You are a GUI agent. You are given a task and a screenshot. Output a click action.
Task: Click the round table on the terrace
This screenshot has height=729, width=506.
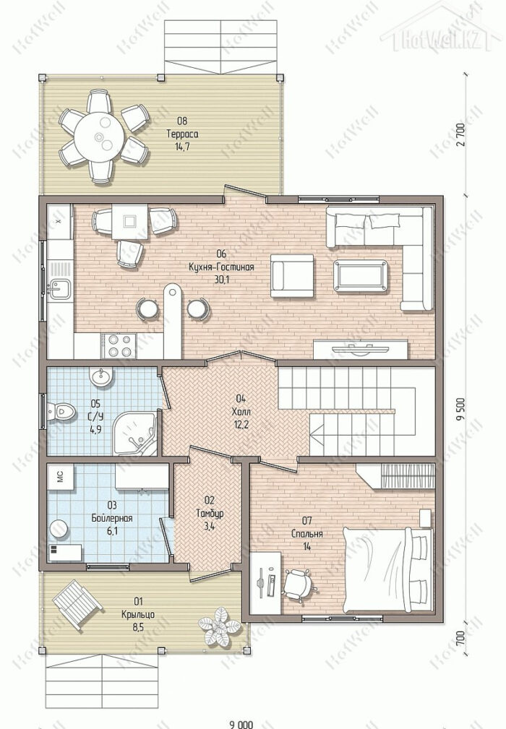[x=100, y=137]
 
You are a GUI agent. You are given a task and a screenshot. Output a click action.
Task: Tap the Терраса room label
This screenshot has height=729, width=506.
[x=182, y=134]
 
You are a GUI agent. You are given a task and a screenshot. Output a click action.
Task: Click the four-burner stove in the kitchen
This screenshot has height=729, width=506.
[x=119, y=345]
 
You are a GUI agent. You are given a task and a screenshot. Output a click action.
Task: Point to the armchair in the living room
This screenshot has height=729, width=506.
[x=293, y=275]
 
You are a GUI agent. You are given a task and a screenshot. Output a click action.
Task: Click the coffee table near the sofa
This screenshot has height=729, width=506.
[x=360, y=276]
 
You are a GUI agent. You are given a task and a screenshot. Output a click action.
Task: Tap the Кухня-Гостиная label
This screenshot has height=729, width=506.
[x=221, y=267]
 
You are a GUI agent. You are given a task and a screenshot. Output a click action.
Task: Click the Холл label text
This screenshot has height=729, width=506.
[x=241, y=411]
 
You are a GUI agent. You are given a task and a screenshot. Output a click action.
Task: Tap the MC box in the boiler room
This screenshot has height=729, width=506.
[x=61, y=477]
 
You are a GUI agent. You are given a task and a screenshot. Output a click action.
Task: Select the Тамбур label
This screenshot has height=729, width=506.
[x=210, y=514]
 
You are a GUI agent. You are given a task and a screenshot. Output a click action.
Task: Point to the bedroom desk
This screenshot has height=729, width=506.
[x=265, y=583]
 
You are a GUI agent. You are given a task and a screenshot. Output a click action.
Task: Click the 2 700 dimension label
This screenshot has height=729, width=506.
[x=460, y=135]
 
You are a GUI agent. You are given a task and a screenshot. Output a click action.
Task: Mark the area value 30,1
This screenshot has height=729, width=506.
[x=221, y=280]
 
